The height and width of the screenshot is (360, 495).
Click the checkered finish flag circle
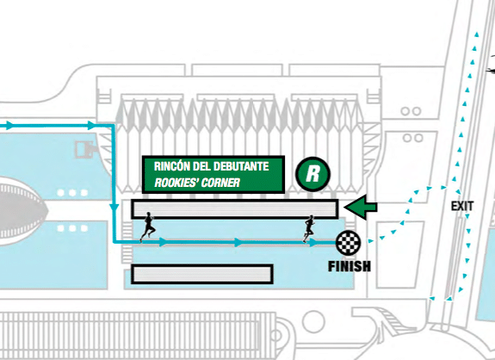click(348, 243)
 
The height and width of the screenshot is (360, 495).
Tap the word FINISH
click(350, 266)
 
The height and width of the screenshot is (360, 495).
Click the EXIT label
click(462, 206)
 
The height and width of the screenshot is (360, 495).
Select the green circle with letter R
click(312, 174)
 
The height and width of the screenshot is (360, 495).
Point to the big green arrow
click(361, 208)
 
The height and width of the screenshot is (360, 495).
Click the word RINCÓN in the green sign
click(171, 166)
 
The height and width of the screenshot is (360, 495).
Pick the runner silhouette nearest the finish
click(309, 228)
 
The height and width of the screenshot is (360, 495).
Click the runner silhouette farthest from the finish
click(148, 227)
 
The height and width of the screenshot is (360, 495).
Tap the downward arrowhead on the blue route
click(114, 208)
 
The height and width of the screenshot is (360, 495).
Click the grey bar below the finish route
click(202, 275)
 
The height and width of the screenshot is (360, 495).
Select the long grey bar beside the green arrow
click(234, 209)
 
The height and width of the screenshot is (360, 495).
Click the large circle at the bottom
click(313, 321)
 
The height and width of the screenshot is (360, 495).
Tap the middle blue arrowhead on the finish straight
click(238, 243)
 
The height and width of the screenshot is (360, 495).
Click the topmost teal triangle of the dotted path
click(476, 34)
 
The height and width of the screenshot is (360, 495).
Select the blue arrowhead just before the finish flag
click(312, 243)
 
